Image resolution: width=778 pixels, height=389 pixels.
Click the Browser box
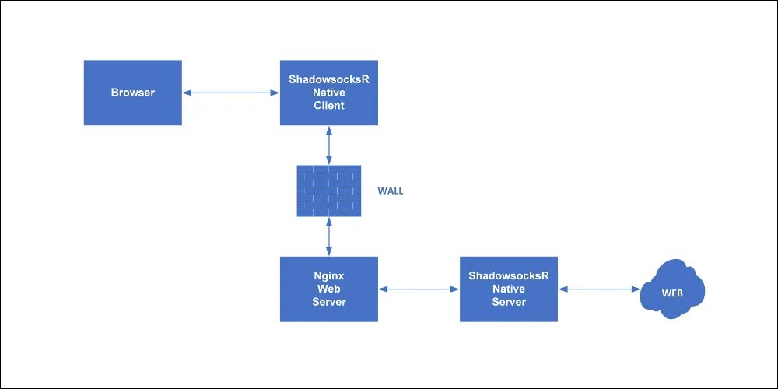[x=132, y=93]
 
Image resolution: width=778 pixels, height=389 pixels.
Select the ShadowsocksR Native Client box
[x=329, y=93]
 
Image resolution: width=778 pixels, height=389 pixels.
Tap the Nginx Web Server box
[x=329, y=289]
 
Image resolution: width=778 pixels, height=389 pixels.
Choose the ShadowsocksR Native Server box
[x=509, y=289]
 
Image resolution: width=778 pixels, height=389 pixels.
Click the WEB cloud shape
[x=672, y=290]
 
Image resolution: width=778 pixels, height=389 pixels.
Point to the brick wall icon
[x=329, y=191]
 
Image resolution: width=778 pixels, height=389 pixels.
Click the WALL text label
[x=391, y=191]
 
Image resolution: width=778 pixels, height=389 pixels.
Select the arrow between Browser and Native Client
[x=231, y=93]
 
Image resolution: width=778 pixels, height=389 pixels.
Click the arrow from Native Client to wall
[x=329, y=145]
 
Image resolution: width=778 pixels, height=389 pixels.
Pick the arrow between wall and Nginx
[x=329, y=237]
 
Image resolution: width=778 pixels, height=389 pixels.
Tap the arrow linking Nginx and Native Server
[x=419, y=289]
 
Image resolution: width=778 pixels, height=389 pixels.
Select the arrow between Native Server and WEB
[x=599, y=289]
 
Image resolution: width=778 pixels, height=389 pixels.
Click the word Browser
[x=132, y=93]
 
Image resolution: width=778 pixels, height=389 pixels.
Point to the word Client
[x=329, y=106]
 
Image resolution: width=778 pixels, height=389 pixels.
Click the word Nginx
[x=329, y=275]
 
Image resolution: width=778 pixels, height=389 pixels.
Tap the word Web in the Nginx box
[x=329, y=289]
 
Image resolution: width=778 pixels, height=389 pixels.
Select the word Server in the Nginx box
[x=329, y=302]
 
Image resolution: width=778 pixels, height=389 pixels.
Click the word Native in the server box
[x=509, y=289]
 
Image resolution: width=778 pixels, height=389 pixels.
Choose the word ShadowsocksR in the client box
[x=329, y=79]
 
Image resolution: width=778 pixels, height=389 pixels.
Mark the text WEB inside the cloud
[x=672, y=294]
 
